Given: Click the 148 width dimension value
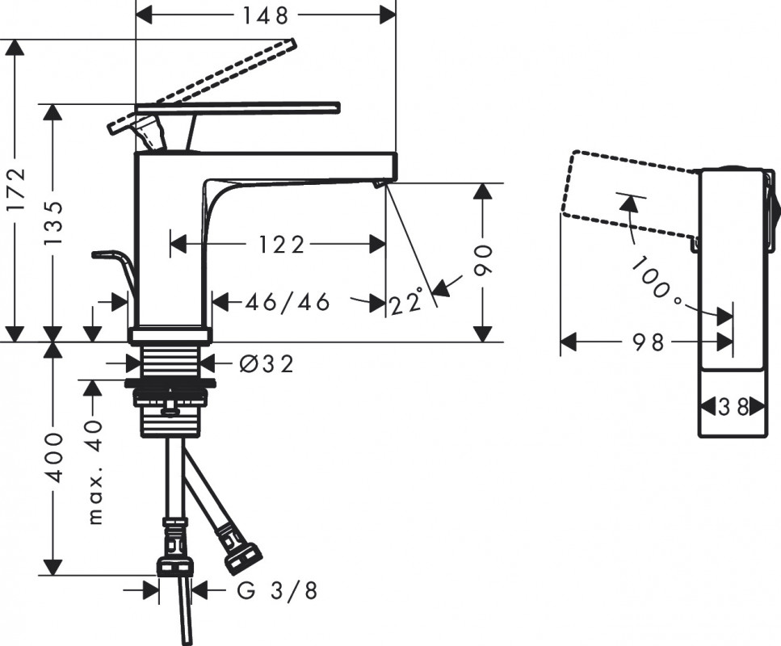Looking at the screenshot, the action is (x=266, y=15).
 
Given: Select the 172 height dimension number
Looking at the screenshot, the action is (x=16, y=190).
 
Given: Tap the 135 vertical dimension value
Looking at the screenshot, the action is (x=53, y=222).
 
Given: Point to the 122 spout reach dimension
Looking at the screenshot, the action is (x=281, y=245).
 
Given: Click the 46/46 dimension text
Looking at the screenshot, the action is (x=288, y=302).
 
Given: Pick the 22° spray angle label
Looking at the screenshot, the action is (x=406, y=302).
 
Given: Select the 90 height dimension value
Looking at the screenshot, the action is (x=483, y=261).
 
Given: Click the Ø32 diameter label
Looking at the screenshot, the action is (x=267, y=365).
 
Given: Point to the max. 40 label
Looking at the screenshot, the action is (x=94, y=472).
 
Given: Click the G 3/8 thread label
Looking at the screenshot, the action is (x=277, y=591).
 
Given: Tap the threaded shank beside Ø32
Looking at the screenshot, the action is (x=170, y=360).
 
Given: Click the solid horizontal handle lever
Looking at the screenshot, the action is (x=238, y=107).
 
